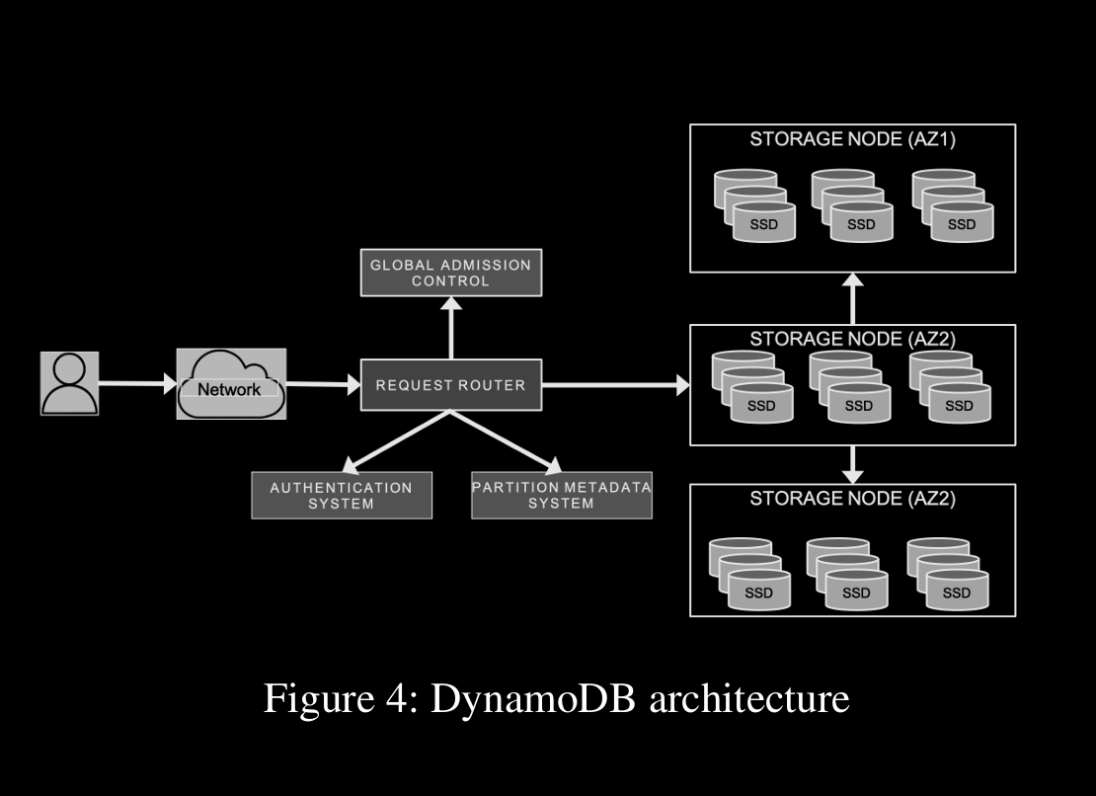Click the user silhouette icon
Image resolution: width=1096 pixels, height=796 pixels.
(x=69, y=382)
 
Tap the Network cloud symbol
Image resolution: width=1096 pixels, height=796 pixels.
(x=231, y=384)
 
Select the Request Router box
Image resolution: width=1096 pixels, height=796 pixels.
(x=450, y=384)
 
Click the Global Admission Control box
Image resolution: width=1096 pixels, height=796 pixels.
(x=450, y=273)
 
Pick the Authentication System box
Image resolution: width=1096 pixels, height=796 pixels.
(x=342, y=496)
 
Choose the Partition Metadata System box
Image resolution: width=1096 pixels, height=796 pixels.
(x=561, y=496)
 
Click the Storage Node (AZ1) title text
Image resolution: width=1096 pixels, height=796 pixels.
(x=852, y=139)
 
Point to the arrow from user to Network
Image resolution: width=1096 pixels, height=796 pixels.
(x=137, y=383)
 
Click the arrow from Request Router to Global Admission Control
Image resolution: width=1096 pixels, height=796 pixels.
(x=451, y=328)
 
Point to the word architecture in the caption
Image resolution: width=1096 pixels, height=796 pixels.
(x=750, y=699)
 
